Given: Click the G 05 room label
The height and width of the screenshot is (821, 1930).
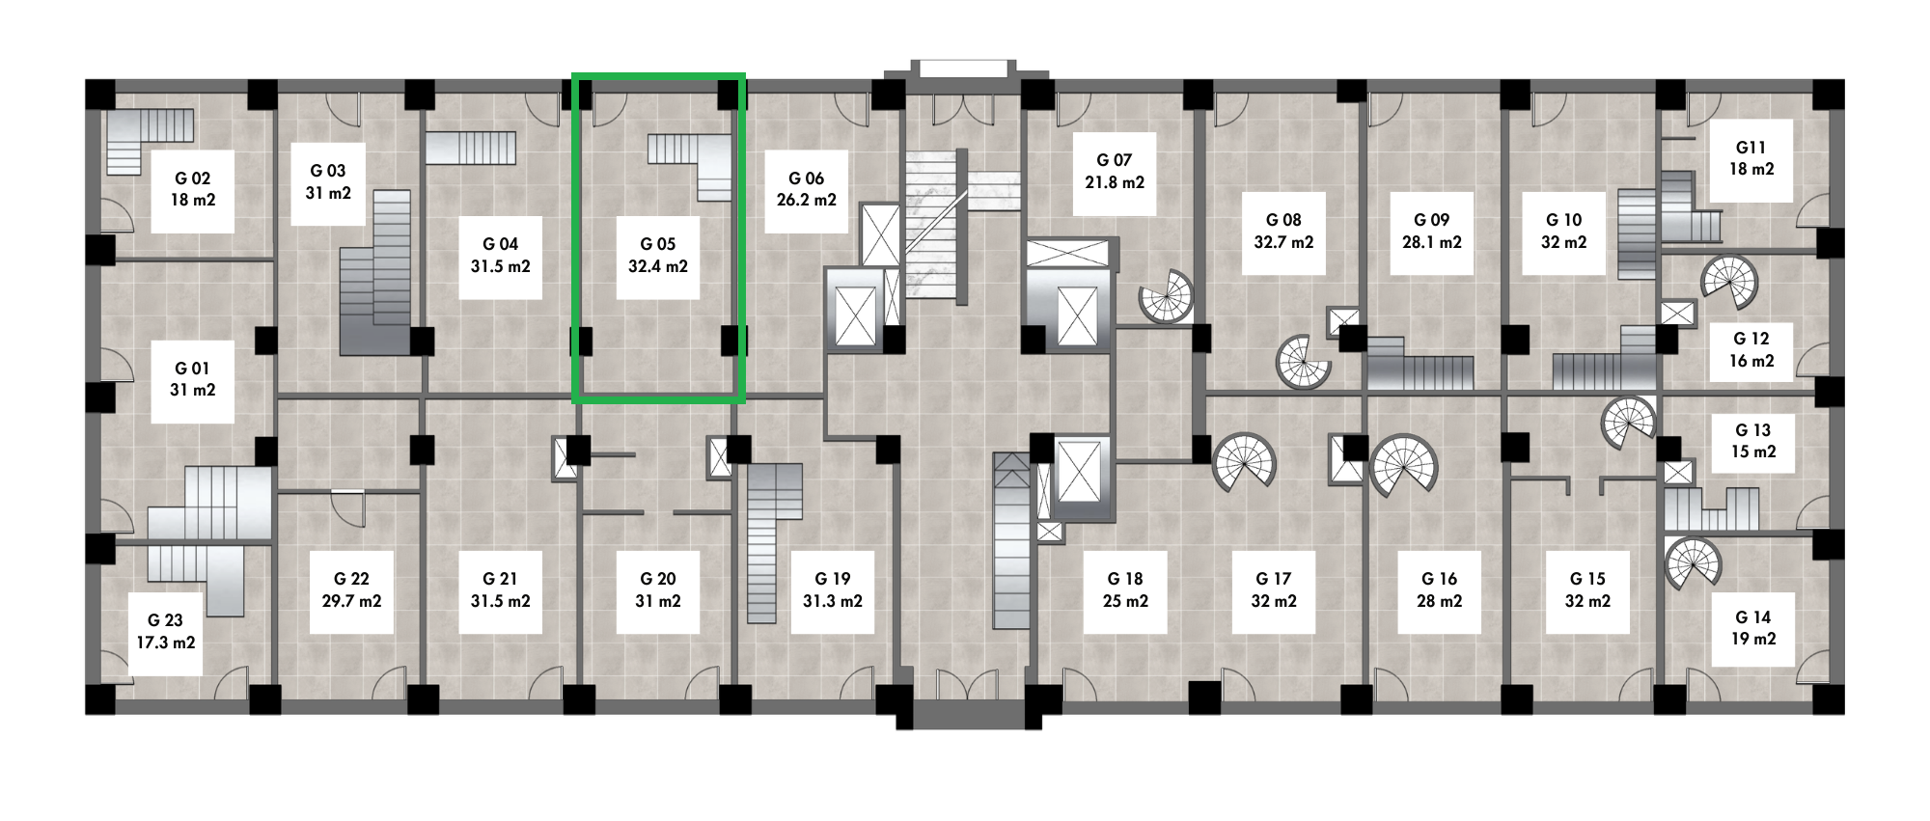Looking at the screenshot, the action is (x=658, y=244).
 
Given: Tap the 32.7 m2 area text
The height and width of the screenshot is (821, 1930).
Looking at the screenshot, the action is (x=1283, y=242).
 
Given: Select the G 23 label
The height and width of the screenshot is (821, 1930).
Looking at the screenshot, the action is (x=166, y=620).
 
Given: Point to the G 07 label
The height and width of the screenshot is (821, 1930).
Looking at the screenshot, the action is (x=1114, y=160).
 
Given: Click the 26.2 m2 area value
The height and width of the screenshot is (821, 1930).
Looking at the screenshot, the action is (x=807, y=201).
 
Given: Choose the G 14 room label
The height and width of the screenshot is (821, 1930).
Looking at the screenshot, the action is (x=1752, y=617).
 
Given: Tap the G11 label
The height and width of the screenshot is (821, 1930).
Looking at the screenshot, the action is (x=1751, y=148).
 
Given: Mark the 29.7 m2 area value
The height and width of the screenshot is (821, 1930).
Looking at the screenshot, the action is (x=351, y=601).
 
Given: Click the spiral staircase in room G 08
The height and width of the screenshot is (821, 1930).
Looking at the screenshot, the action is (x=1304, y=363).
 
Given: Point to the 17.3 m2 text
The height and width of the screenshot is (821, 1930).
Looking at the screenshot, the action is (x=166, y=643).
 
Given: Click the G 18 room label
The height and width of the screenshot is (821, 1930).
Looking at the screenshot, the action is (x=1125, y=579).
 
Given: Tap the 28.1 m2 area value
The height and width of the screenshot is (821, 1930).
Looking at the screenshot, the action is (x=1432, y=242).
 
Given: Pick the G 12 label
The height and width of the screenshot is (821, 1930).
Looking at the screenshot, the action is (x=1751, y=339).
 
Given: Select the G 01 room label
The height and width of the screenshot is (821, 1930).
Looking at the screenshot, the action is (x=192, y=369).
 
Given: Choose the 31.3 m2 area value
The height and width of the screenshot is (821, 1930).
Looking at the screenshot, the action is (x=833, y=601).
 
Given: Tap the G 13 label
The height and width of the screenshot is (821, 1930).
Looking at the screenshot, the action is (x=1752, y=430).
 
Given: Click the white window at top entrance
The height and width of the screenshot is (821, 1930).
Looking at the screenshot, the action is (x=963, y=68).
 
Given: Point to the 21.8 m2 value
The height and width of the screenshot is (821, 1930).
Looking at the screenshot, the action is (x=1114, y=182).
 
